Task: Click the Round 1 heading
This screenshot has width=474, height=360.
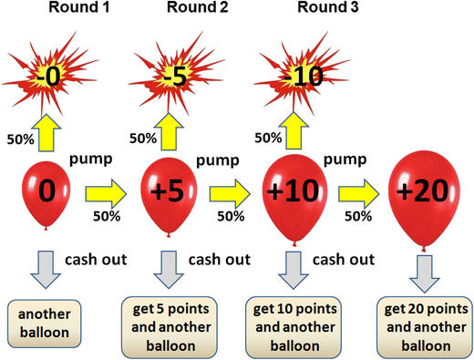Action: tap(59, 10)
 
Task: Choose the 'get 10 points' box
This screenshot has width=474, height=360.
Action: tap(294, 324)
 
